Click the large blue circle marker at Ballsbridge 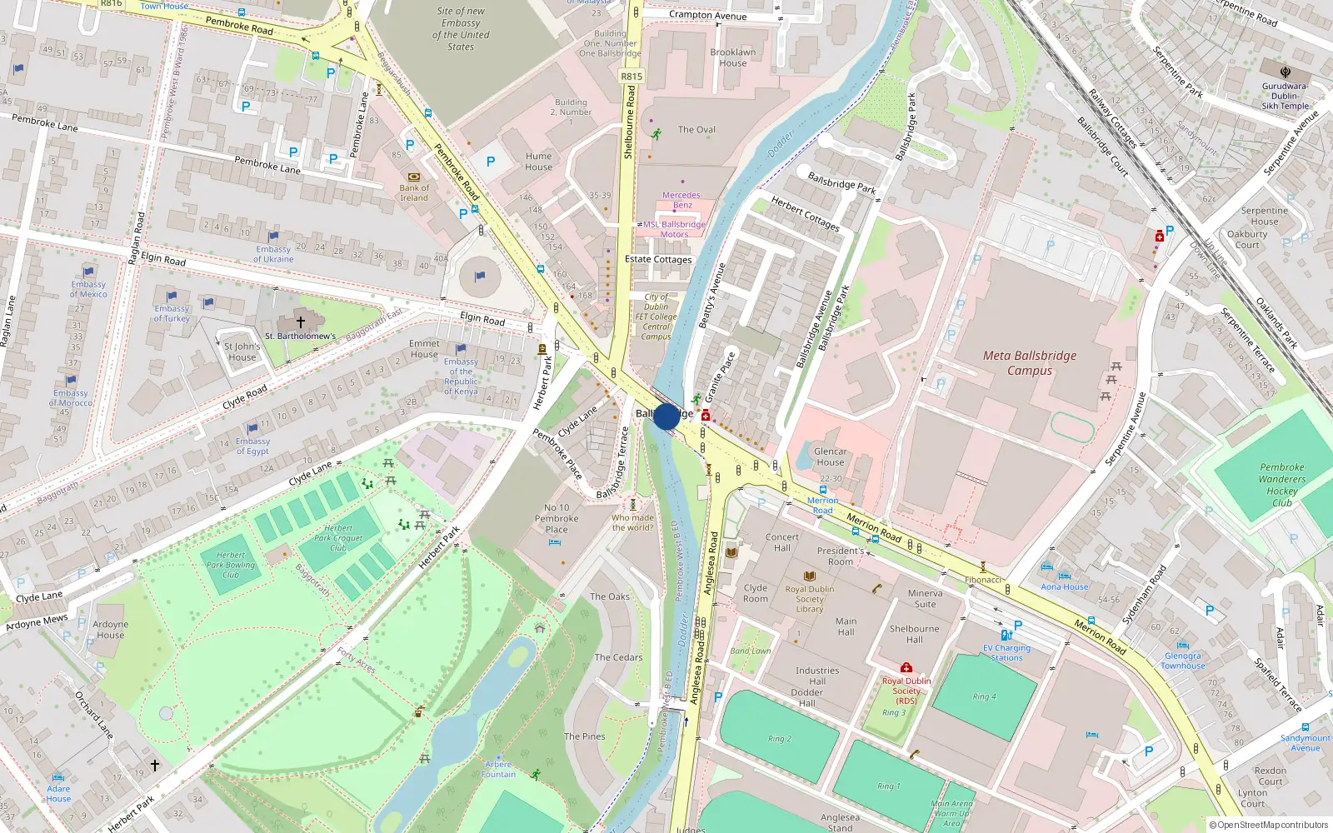pyautogui.click(x=666, y=416)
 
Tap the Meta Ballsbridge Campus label pyautogui.click(x=1030, y=363)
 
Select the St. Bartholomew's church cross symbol pyautogui.click(x=301, y=322)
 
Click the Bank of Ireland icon pyautogui.click(x=414, y=177)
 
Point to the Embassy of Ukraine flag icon pyautogui.click(x=273, y=237)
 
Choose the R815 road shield pyautogui.click(x=632, y=76)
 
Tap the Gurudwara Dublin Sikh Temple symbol pyautogui.click(x=1286, y=72)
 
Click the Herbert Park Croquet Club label pyautogui.click(x=338, y=537)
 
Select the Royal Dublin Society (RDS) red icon pyautogui.click(x=906, y=667)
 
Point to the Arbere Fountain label pyautogui.click(x=498, y=769)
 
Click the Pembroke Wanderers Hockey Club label pyautogui.click(x=1282, y=485)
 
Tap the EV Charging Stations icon pyautogui.click(x=1006, y=636)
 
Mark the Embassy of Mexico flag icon pyautogui.click(x=88, y=272)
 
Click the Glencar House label pyautogui.click(x=830, y=456)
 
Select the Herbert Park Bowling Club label pyautogui.click(x=231, y=565)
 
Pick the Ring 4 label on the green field pyautogui.click(x=985, y=696)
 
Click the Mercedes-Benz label pyautogui.click(x=682, y=200)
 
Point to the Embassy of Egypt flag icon pyautogui.click(x=252, y=429)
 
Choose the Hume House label pyautogui.click(x=538, y=162)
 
